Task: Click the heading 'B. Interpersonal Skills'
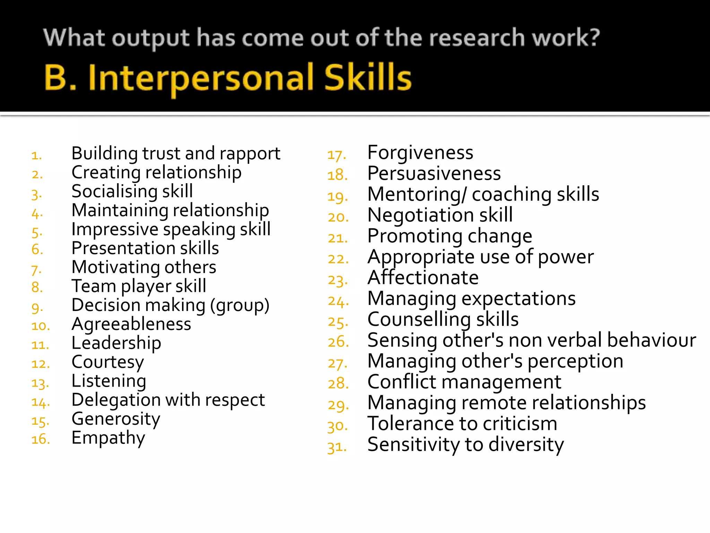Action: point(228,78)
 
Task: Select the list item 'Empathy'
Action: point(108,438)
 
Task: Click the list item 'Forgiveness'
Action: point(420,153)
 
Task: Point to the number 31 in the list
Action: point(337,447)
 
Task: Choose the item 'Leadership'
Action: point(116,343)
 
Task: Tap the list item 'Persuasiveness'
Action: point(434,173)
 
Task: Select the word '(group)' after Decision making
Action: point(240,305)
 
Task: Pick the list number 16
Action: point(41,439)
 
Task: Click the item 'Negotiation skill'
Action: point(440,215)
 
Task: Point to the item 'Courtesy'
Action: point(107,362)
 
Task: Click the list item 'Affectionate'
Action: point(423,278)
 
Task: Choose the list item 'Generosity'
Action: point(116,419)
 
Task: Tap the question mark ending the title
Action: point(594,37)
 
